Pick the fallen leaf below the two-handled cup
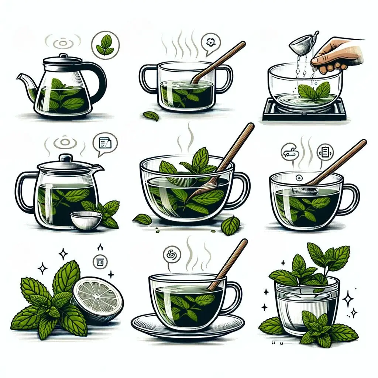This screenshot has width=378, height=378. (x=151, y=116)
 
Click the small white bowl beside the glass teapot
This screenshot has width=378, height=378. (x=86, y=221)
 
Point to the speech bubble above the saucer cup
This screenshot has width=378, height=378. (x=172, y=254)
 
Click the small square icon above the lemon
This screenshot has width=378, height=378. (x=99, y=261)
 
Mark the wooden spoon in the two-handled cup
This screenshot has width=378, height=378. (x=218, y=63)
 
